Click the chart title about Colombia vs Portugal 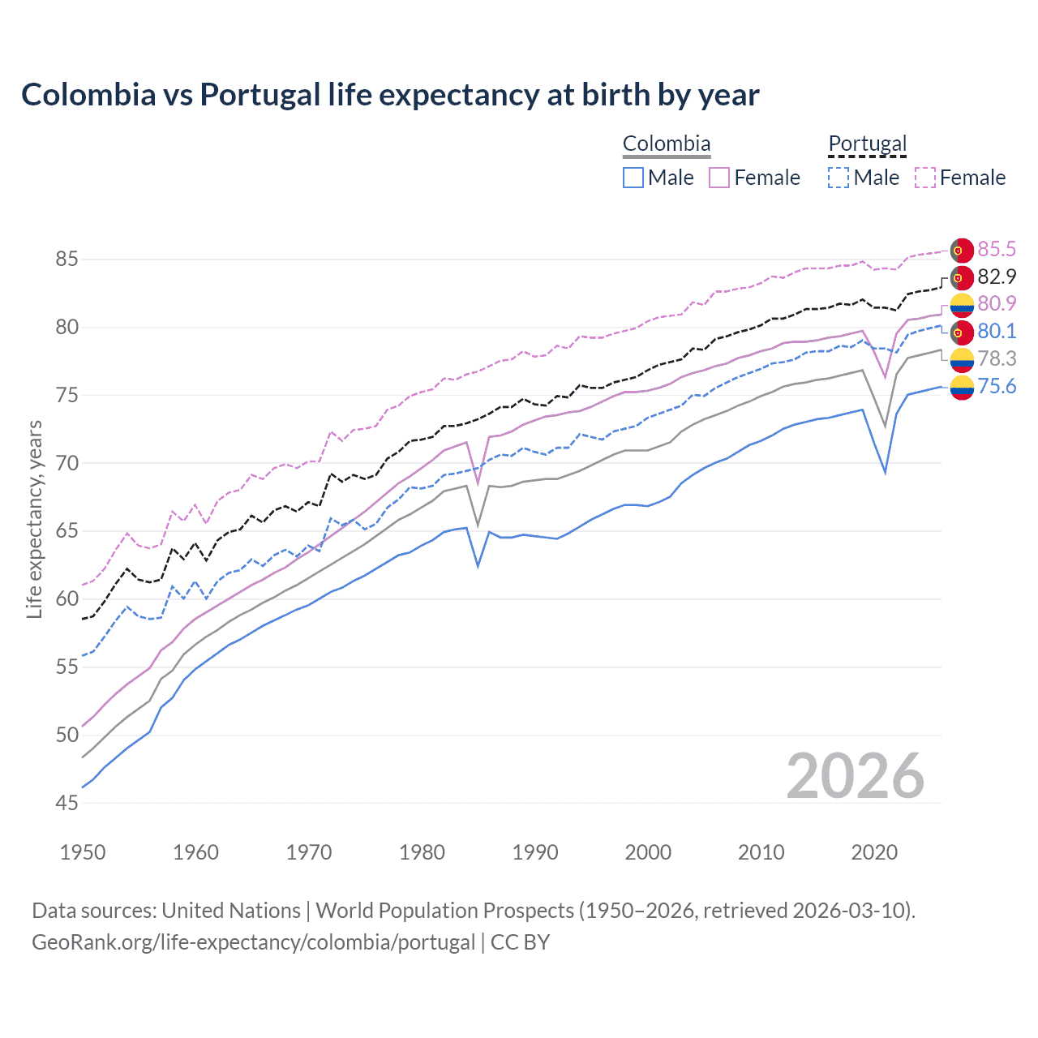click(390, 95)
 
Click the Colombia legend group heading click(667, 144)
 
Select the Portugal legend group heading click(867, 144)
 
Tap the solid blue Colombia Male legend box click(633, 178)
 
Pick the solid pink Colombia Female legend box click(719, 178)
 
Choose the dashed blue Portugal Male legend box click(839, 178)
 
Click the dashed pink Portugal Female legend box click(925, 178)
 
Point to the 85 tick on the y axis click(66, 259)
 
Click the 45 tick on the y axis click(66, 803)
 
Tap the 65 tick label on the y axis click(66, 531)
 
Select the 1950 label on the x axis click(83, 852)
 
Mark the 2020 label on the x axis click(874, 852)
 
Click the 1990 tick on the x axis click(535, 852)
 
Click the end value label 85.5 click(997, 249)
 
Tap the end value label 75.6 click(997, 386)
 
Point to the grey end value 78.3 click(997, 358)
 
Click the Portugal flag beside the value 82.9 click(962, 277)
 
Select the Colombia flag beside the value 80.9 click(962, 305)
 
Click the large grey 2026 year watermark click(855, 776)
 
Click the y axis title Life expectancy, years click(34, 519)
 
